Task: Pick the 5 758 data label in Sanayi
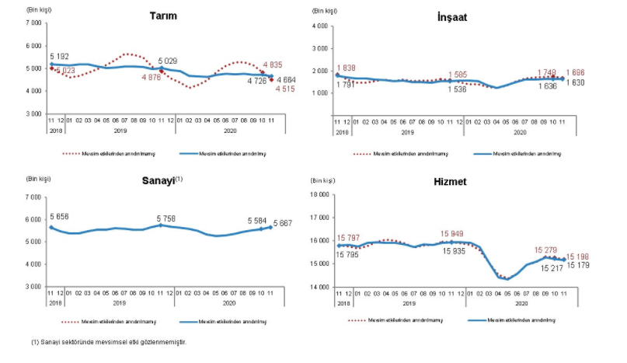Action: [171, 215]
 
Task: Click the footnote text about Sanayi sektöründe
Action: [109, 341]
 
